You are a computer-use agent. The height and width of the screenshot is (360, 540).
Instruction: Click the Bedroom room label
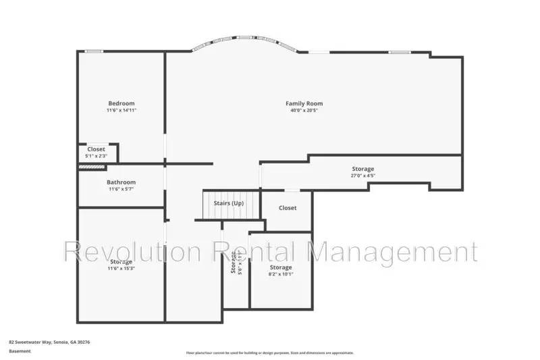pyautogui.click(x=122, y=103)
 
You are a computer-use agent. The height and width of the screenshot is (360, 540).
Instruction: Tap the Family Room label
pyautogui.click(x=304, y=103)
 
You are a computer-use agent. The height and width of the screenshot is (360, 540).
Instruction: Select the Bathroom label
pyautogui.click(x=122, y=182)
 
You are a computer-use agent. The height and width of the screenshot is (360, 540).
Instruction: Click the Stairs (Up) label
pyautogui.click(x=228, y=203)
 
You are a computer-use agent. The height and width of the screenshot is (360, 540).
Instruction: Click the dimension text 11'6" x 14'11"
pyautogui.click(x=122, y=110)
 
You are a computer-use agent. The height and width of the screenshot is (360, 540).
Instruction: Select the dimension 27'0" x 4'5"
pyautogui.click(x=362, y=176)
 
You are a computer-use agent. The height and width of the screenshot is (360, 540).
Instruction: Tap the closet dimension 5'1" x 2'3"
pyautogui.click(x=96, y=156)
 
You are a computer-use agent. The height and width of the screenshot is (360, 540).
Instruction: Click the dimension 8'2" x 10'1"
pyautogui.click(x=281, y=274)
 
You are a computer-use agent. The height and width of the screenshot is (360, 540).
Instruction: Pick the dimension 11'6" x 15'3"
pyautogui.click(x=122, y=268)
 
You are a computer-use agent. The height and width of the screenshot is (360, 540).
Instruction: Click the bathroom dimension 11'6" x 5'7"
pyautogui.click(x=122, y=189)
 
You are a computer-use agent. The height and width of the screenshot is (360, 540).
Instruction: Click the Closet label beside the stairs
pyautogui.click(x=288, y=208)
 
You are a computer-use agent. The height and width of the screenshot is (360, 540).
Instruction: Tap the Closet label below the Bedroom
pyautogui.click(x=96, y=149)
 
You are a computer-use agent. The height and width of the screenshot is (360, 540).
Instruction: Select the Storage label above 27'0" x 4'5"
pyautogui.click(x=362, y=169)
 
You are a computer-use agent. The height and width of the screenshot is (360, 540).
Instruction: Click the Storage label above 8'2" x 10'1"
pyautogui.click(x=281, y=267)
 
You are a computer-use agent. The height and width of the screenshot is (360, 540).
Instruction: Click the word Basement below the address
pyautogui.click(x=20, y=351)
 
